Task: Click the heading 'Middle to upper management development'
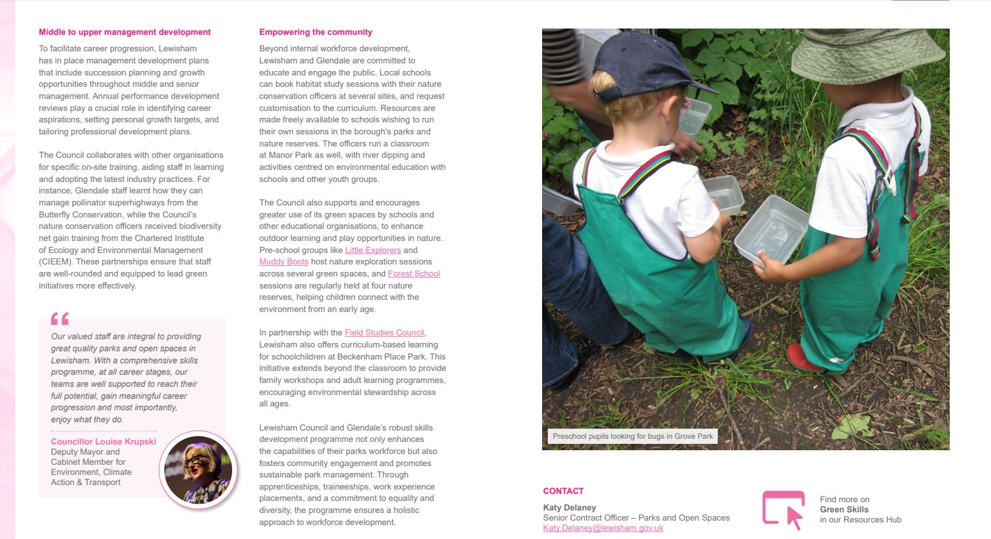[125, 32]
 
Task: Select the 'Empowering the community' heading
[316, 32]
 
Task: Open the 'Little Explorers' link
[373, 250]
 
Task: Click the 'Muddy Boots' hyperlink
[283, 262]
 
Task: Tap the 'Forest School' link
[413, 274]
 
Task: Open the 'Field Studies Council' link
[384, 333]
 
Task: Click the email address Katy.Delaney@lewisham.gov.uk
[603, 528]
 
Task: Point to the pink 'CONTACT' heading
[563, 491]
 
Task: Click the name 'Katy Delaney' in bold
[569, 507]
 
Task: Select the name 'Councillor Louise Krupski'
[103, 442]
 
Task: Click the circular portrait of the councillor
[198, 470]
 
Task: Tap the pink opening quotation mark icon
[60, 318]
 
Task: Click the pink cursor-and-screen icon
[784, 509]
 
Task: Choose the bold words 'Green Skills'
[844, 510]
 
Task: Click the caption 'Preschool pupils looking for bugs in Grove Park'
[632, 436]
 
